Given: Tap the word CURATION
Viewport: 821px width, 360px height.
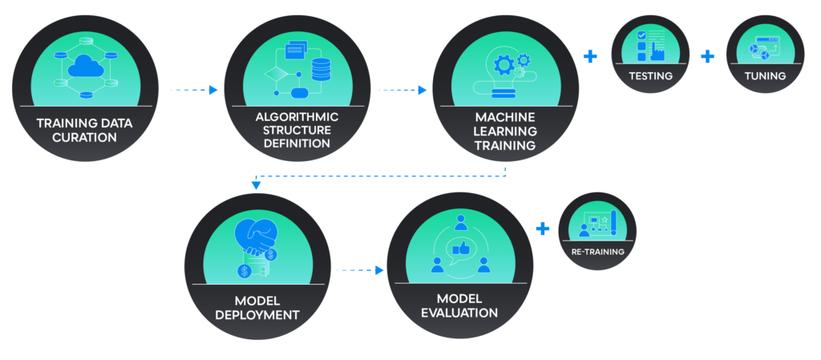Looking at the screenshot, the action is coord(84,138).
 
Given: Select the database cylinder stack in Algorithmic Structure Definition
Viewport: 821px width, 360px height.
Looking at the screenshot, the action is coord(321,69).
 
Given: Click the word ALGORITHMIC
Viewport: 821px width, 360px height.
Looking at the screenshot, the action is coord(297,116).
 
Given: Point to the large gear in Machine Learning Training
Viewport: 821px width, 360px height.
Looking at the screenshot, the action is coord(504,64).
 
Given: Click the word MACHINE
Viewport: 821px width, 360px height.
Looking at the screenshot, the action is coord(505,117).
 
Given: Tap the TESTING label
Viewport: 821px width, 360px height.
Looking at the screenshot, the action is coord(650,76).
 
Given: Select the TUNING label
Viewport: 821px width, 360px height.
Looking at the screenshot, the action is coord(765,76).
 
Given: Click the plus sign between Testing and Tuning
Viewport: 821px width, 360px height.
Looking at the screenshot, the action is coord(707,56).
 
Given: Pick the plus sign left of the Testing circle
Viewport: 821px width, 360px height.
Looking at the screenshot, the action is coord(590,56).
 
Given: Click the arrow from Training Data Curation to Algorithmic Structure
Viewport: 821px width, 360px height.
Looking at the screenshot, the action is coord(193,90).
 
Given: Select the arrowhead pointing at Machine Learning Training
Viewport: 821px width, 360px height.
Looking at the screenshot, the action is coord(422,90).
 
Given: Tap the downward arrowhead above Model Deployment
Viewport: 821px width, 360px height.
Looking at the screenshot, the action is coord(256,184).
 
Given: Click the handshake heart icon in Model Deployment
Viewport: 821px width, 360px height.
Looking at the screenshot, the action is coord(256,237).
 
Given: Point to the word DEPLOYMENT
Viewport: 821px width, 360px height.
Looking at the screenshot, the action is coord(257,315).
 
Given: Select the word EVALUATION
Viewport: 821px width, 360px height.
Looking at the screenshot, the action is coord(459,313).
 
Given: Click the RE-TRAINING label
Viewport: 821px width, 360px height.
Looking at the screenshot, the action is coord(597,252).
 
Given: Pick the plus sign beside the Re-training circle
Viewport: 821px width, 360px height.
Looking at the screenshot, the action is coord(543,229).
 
